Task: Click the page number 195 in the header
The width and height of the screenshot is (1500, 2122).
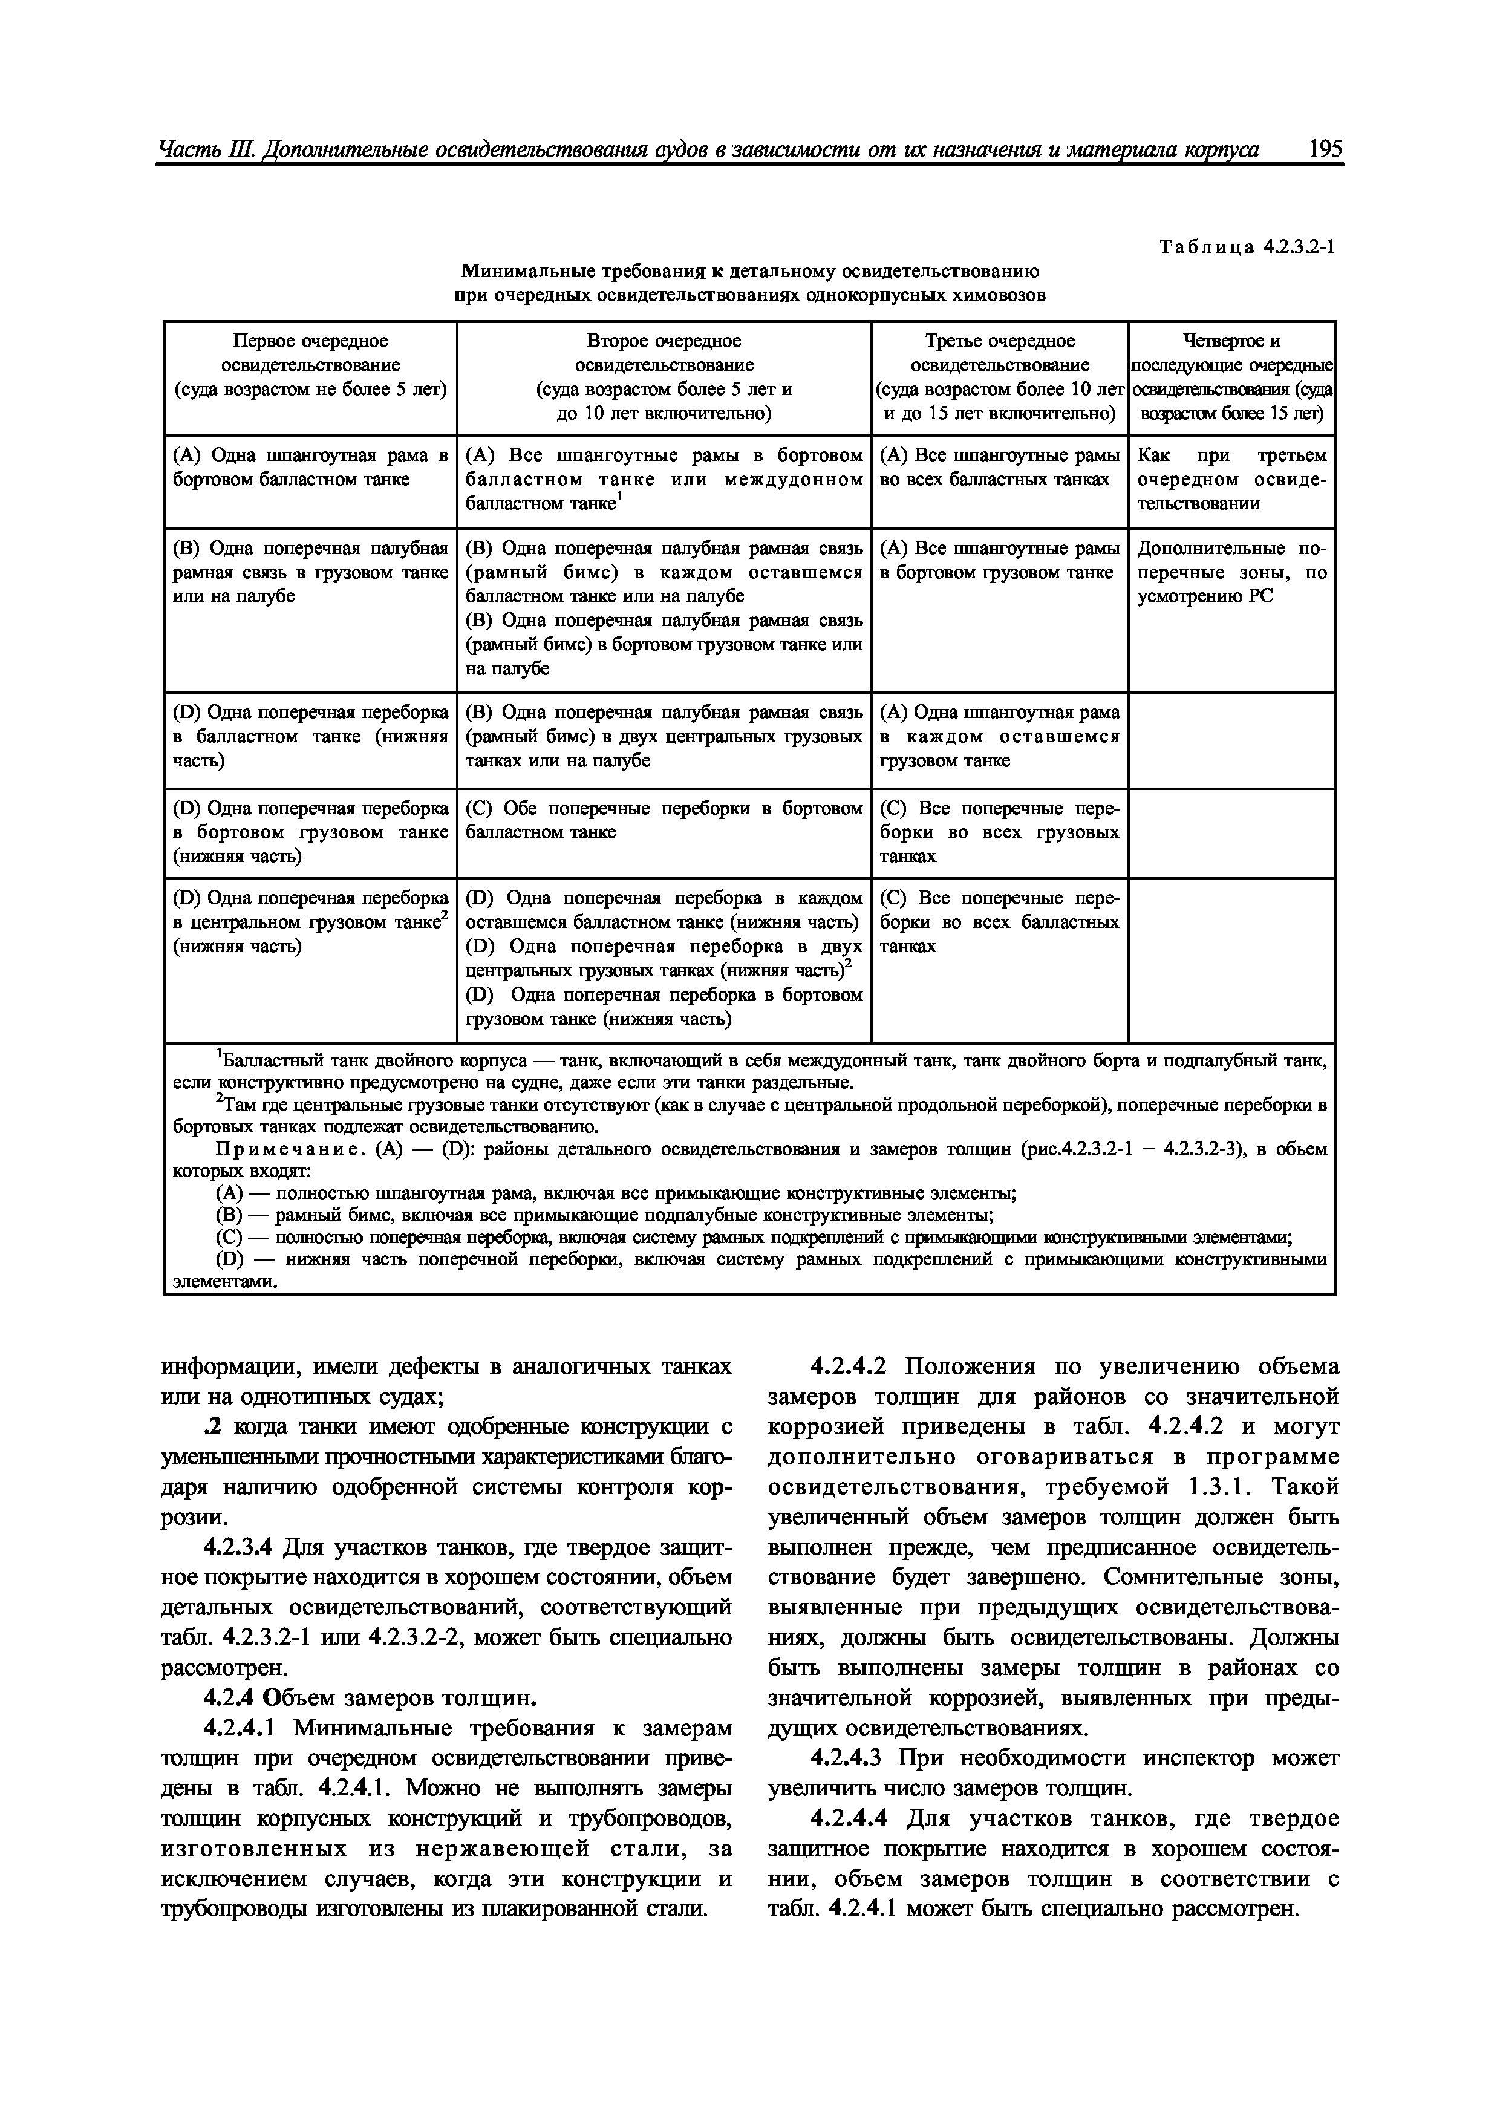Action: (x=1325, y=150)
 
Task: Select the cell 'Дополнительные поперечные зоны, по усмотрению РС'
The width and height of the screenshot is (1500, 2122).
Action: (x=1231, y=572)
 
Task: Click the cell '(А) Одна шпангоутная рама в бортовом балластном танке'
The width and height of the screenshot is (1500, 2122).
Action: (x=310, y=468)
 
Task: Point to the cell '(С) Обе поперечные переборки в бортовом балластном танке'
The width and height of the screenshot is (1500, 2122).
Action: (x=664, y=820)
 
